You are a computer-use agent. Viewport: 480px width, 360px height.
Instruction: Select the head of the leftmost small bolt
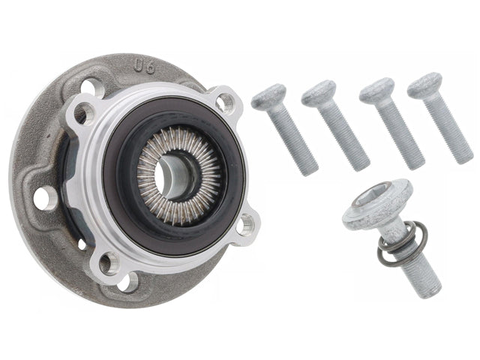[x=268, y=97]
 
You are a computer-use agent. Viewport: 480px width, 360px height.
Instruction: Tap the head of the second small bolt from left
[x=318, y=92]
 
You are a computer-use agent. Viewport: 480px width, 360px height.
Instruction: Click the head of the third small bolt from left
[x=376, y=90]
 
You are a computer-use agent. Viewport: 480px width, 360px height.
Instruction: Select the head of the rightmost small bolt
[x=424, y=84]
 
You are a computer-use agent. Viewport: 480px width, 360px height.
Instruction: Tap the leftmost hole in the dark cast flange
[x=45, y=197]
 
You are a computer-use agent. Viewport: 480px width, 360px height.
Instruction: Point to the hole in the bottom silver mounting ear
[x=109, y=262]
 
